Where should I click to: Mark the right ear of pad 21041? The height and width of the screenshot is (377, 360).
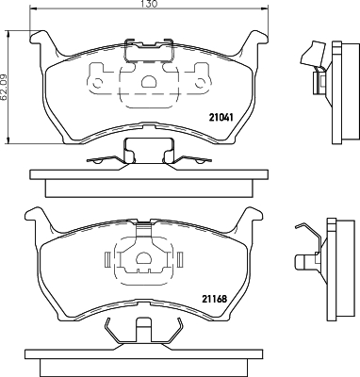click(x=252, y=41)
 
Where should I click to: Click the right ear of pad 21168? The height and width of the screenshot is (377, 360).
click(x=252, y=219)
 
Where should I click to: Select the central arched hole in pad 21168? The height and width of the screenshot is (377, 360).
click(x=144, y=260)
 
